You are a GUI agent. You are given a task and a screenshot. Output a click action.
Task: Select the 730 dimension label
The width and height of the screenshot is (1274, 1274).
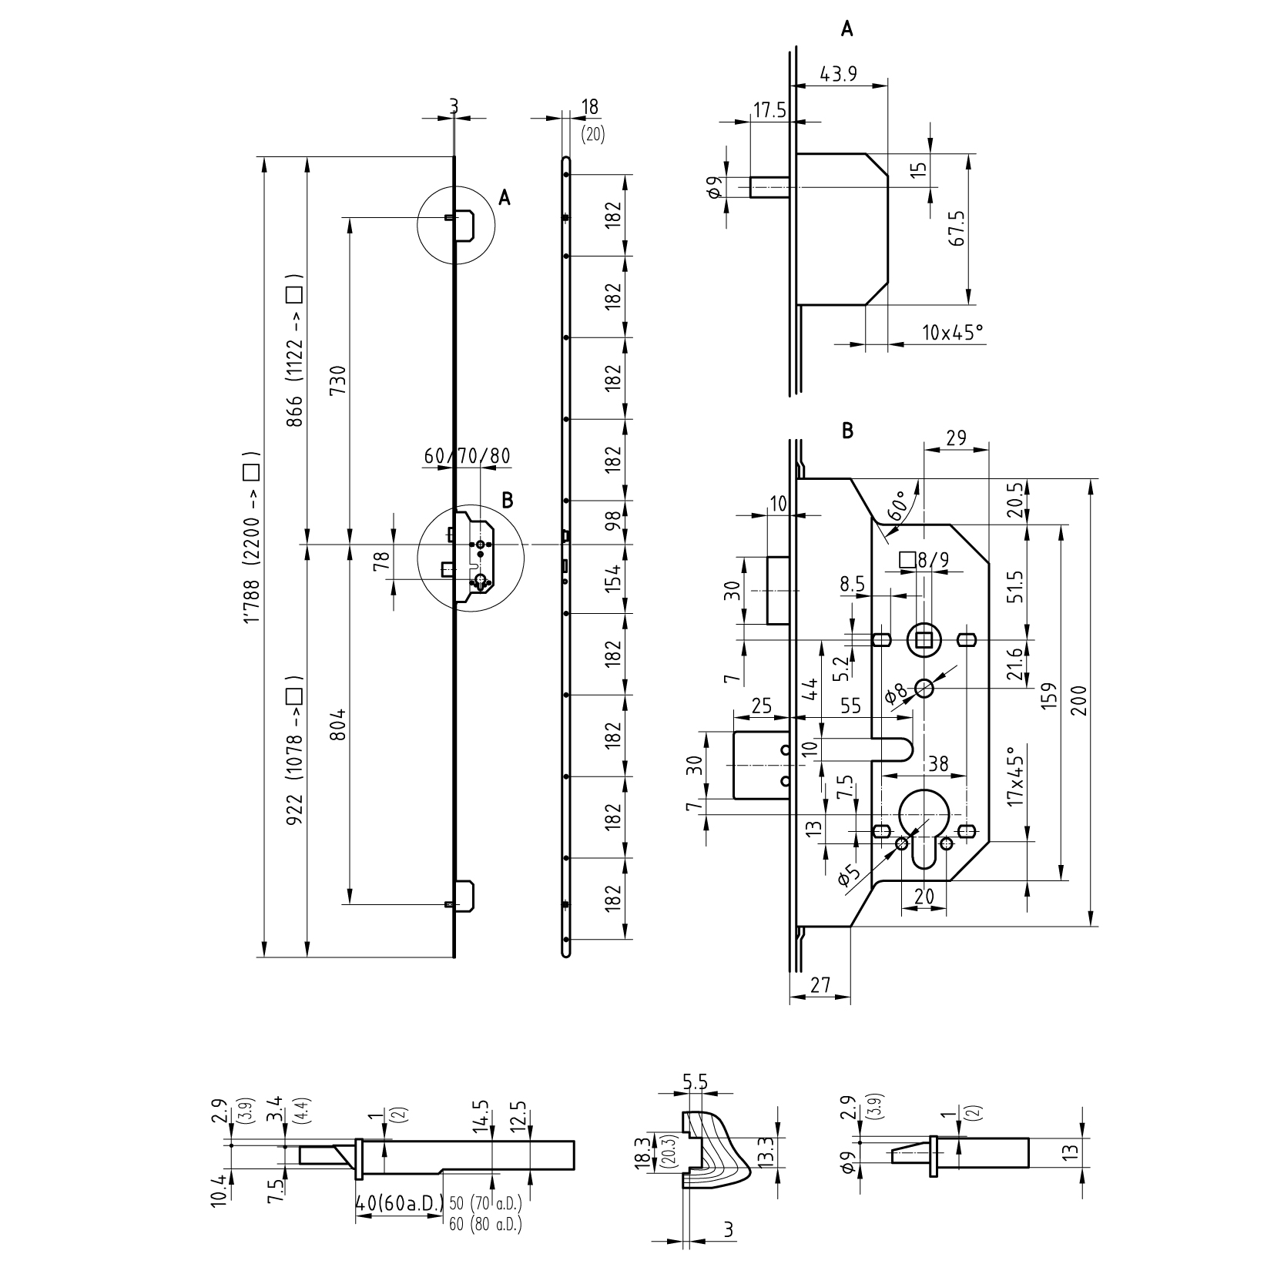click(x=337, y=379)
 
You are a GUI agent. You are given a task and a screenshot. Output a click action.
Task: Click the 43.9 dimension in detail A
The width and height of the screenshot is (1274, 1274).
click(x=839, y=74)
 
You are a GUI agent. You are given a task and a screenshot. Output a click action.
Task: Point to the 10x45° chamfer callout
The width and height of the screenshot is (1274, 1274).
click(x=952, y=333)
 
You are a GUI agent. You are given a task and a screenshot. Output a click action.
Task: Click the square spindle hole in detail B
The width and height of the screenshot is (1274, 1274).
click(x=924, y=639)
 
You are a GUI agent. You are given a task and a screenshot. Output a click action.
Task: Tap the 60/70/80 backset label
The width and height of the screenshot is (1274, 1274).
click(x=467, y=456)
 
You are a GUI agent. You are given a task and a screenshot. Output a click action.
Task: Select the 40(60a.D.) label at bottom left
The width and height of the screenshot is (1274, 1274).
click(x=399, y=1202)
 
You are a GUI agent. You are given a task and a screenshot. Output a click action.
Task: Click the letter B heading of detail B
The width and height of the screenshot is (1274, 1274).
click(x=848, y=431)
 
